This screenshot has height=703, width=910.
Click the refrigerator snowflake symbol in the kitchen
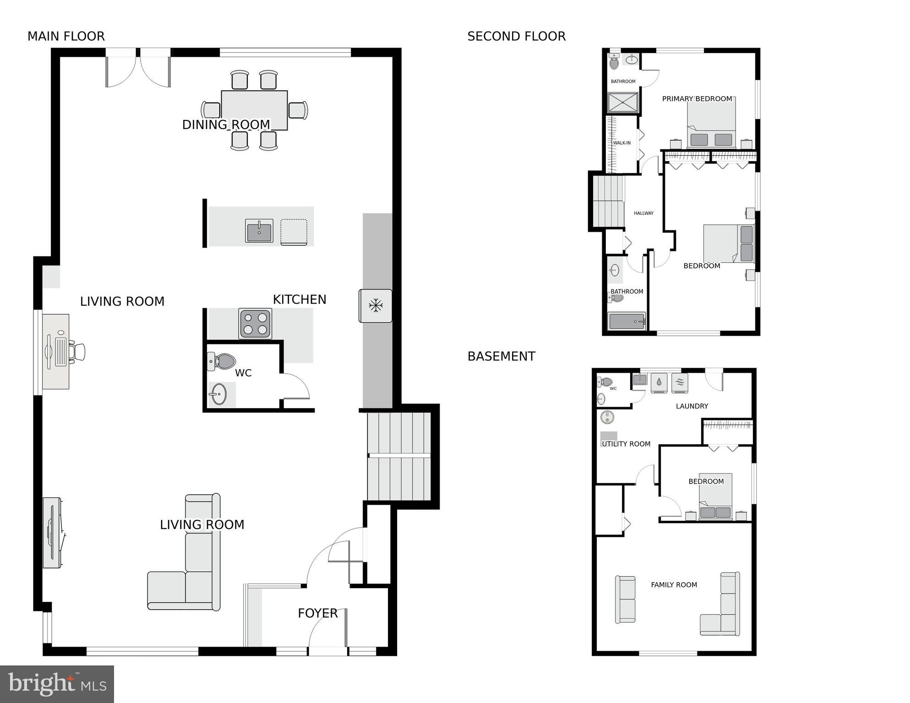click(376, 305)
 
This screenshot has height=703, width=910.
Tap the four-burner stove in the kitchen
click(255, 323)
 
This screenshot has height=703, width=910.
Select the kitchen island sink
click(259, 230)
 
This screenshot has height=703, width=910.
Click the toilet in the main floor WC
click(222, 361)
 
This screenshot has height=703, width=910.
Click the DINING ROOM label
click(226, 125)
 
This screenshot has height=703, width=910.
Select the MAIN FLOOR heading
click(66, 36)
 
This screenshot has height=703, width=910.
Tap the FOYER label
click(317, 613)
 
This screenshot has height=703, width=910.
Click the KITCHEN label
click(300, 300)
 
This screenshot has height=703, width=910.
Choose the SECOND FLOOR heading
click(516, 36)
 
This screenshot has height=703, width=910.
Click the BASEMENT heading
click(501, 356)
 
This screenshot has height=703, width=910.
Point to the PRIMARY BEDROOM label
click(697, 99)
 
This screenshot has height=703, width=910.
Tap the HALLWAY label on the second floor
click(643, 213)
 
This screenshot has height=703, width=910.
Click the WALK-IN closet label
click(621, 143)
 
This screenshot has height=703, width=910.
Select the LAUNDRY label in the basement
click(692, 406)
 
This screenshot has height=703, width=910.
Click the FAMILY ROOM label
click(674, 585)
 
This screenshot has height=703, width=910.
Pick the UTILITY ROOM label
click(626, 444)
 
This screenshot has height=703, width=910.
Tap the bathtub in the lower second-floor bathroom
click(627, 322)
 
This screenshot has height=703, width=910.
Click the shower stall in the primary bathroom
click(622, 103)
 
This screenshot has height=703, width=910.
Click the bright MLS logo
click(57, 684)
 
